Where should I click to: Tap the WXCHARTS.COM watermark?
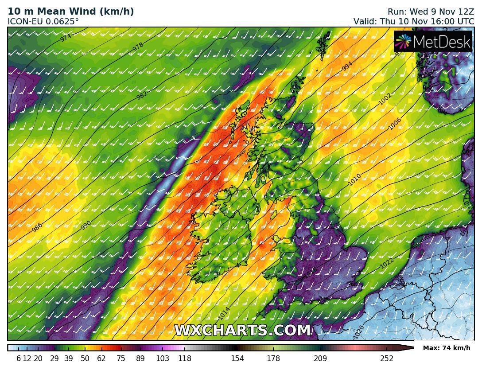[242, 331]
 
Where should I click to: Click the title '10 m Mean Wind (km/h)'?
[71, 12]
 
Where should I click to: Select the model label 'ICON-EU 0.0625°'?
[43, 21]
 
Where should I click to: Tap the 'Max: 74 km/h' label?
[447, 348]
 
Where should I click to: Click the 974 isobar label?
[66, 38]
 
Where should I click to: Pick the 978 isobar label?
[138, 47]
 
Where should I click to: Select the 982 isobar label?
[142, 95]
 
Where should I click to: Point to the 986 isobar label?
[37, 227]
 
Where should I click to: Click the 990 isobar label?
[86, 225]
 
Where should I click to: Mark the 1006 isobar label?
[395, 124]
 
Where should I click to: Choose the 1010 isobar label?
[354, 179]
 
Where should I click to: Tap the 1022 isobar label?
[387, 263]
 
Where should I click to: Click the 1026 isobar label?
[359, 331]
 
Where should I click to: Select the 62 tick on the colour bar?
[101, 358]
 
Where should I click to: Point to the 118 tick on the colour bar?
[184, 358]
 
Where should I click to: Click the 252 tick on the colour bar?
[387, 358]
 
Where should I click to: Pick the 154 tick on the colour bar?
[237, 358]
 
